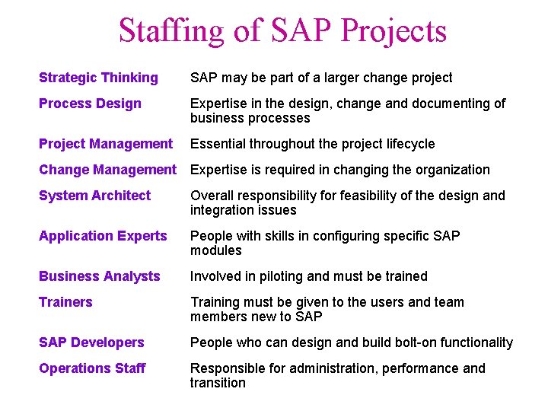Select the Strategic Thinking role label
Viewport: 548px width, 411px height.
98,78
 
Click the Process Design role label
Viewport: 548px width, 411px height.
90,104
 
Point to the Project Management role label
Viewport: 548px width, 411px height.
106,144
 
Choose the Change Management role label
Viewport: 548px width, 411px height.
107,170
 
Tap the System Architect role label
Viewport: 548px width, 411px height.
94,196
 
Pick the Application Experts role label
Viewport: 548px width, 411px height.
103,236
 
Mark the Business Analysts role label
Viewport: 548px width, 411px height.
99,276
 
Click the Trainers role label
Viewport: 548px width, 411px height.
65,302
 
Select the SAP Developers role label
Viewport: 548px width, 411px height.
91,342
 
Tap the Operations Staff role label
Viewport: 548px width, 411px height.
92,368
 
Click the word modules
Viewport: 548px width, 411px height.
215,250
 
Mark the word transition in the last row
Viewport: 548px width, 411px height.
218,383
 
